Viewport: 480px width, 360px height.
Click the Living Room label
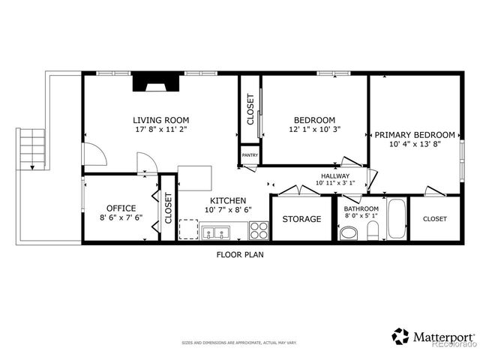160,120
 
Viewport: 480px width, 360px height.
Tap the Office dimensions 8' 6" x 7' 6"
120,219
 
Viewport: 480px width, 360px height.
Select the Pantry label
249,155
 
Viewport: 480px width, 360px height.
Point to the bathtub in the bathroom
396,218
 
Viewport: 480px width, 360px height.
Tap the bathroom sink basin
349,233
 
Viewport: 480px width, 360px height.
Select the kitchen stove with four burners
259,229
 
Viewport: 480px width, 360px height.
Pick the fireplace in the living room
156,82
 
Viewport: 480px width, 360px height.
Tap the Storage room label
301,219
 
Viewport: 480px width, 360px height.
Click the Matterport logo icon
401,335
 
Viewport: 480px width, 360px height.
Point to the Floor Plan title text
239,254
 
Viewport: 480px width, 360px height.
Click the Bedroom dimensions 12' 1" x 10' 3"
313,130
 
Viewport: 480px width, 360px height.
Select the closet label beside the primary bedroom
434,219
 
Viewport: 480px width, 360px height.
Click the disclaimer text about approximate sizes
239,343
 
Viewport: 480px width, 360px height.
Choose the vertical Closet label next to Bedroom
250,109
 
